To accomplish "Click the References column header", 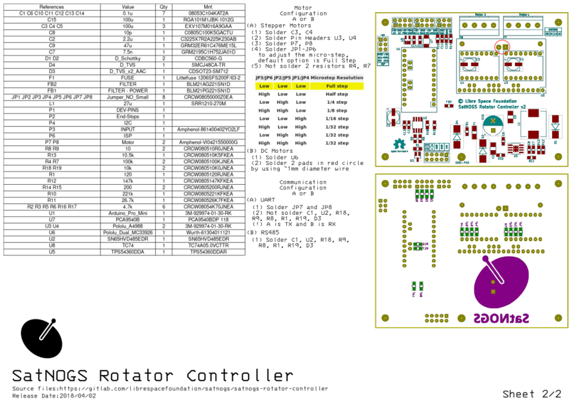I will tap(51, 6).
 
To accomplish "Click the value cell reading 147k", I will tap(128, 181).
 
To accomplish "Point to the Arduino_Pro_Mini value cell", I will tap(128, 213).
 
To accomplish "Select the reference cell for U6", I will tap(51, 232).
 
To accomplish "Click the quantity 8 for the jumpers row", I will tap(164, 97).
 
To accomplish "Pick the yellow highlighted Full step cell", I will tap(337, 85).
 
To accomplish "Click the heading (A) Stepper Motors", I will tap(275, 26).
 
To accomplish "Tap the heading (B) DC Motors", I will tap(270, 151).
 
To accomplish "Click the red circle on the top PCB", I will tap(501, 46).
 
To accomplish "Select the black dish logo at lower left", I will tap(42, 338).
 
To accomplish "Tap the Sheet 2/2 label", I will tap(536, 394).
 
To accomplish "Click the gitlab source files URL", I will tap(193, 388).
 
